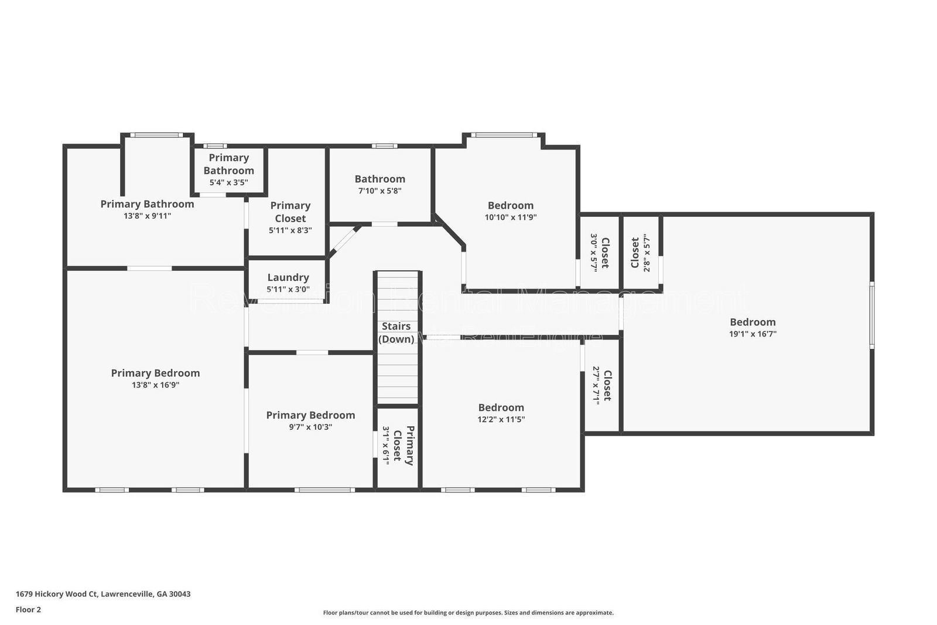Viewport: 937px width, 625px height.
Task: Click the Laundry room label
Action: [288, 278]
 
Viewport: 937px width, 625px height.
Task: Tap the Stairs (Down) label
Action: [396, 332]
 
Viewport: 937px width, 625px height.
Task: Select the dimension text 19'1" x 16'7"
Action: [753, 334]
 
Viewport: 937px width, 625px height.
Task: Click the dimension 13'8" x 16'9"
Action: [155, 385]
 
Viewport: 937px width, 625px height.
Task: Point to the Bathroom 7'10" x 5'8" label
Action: [379, 179]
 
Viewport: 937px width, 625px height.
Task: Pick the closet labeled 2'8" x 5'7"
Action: [641, 253]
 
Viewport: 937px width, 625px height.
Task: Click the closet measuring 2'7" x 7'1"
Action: [602, 385]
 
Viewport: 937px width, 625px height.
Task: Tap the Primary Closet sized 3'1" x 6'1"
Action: [398, 446]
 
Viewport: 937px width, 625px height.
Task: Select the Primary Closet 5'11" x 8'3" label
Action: [290, 212]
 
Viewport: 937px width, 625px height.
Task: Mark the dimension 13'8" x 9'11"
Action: [147, 216]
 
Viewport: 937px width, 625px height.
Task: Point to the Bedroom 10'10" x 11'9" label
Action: [510, 206]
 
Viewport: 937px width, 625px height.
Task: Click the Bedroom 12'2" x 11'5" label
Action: [501, 408]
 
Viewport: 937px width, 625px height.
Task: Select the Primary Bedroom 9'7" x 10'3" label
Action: [310, 416]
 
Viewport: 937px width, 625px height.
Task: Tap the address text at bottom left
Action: [103, 594]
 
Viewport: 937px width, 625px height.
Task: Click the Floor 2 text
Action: [28, 610]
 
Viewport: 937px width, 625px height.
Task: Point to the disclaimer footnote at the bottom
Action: [468, 613]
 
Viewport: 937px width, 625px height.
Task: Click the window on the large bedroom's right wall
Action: [871, 315]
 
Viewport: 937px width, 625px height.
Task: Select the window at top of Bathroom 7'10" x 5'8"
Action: [384, 146]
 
